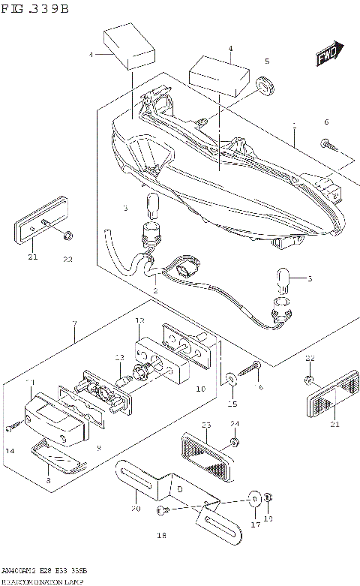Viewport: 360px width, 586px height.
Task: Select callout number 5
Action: coord(265,61)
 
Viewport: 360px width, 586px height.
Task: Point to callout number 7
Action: coord(74,323)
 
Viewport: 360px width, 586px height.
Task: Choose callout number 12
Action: coord(139,320)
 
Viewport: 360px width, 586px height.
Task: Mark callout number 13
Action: coord(118,357)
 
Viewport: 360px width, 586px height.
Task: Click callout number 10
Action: coord(200,389)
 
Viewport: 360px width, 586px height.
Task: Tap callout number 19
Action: coord(268,518)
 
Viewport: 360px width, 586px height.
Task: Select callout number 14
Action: coord(10,450)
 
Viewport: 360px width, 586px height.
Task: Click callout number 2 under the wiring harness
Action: coord(155,290)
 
